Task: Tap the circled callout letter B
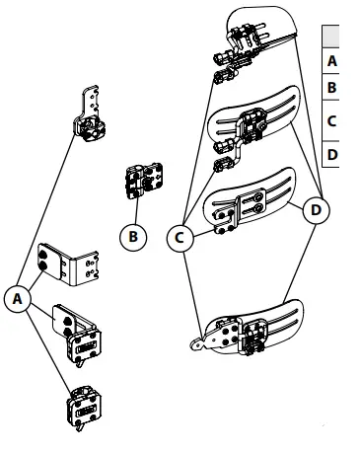(x=131, y=237)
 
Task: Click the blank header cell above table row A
(x=341, y=35)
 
